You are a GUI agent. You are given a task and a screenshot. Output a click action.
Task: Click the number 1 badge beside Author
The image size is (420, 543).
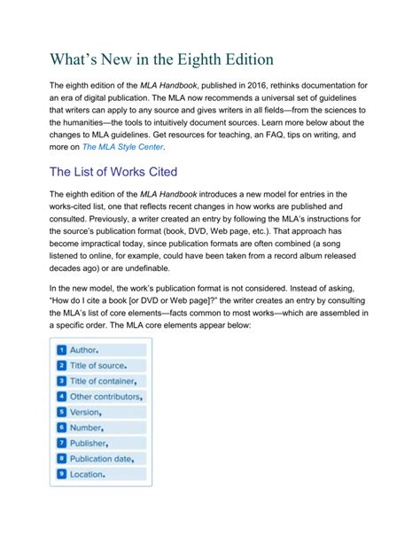pos(61,350)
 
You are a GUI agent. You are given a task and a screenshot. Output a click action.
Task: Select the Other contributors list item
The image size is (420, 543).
pos(106,396)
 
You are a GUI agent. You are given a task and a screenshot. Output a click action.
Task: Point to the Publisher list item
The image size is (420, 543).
pos(89,443)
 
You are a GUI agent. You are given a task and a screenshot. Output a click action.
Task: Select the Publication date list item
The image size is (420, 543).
pos(103,459)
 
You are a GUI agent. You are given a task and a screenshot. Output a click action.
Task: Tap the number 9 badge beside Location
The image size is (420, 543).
pos(61,475)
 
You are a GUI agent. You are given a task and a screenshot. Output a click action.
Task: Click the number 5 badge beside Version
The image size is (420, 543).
pos(61,412)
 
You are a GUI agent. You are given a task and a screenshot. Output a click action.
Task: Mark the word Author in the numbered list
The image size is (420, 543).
pos(84,350)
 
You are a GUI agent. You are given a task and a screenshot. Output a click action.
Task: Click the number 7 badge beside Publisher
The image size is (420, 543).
pos(61,443)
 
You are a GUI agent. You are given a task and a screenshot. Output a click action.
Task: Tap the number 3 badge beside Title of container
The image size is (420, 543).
pos(61,381)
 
